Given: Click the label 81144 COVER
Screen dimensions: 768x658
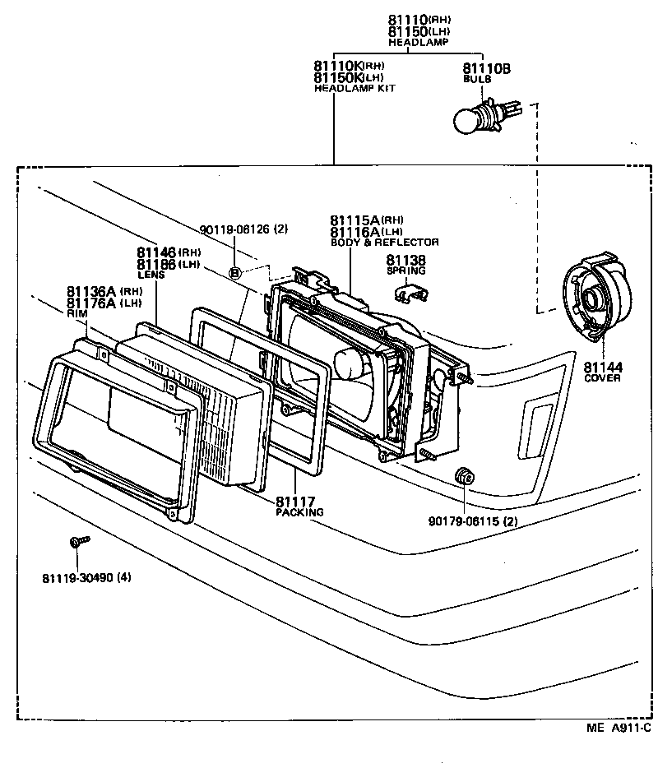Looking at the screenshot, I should (x=602, y=372).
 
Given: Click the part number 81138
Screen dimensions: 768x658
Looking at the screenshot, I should (x=405, y=259).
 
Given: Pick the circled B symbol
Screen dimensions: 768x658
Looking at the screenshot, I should (x=235, y=273).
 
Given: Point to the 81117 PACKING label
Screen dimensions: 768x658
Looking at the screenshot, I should (x=299, y=506).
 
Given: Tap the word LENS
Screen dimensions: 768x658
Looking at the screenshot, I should (x=151, y=275).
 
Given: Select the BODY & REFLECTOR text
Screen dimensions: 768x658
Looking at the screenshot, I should (x=384, y=243).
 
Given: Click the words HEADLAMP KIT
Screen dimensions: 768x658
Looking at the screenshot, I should (x=354, y=88).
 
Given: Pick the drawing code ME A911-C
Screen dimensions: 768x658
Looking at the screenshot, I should (x=619, y=728).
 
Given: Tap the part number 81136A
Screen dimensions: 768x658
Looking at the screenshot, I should (x=91, y=291).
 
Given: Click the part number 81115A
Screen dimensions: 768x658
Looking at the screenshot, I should (x=354, y=220).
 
